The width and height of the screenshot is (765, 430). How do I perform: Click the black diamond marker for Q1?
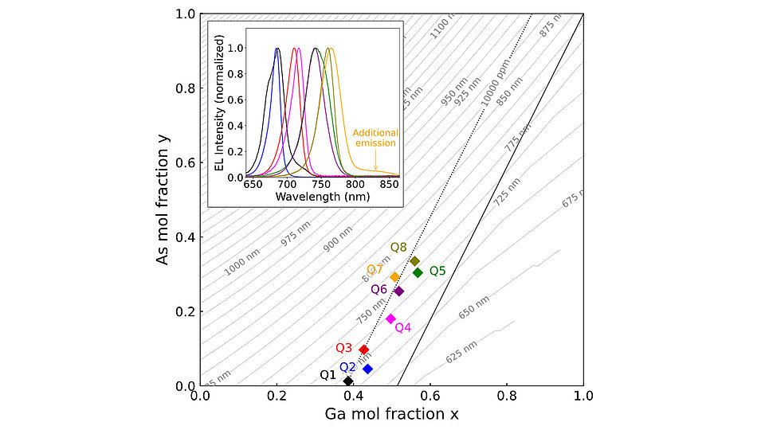pyautogui.click(x=348, y=381)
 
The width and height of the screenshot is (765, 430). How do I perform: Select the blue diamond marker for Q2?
pyautogui.click(x=367, y=369)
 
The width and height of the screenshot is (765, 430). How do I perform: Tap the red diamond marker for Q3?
pyautogui.click(x=364, y=350)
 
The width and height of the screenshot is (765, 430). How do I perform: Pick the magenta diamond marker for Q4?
pyautogui.click(x=390, y=319)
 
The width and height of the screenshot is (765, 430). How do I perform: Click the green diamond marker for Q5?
pyautogui.click(x=418, y=272)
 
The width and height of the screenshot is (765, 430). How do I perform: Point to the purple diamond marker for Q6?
pyautogui.click(x=398, y=291)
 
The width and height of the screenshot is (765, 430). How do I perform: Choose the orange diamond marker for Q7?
pyautogui.click(x=394, y=277)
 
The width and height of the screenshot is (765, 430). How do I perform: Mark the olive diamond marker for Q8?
pyautogui.click(x=414, y=261)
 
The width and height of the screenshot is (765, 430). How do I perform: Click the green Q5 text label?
pyautogui.click(x=437, y=271)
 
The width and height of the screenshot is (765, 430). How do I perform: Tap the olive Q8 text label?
pyautogui.click(x=398, y=248)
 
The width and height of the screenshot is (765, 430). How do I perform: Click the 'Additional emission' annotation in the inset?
pyautogui.click(x=375, y=138)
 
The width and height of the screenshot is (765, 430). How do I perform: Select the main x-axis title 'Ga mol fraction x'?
pyautogui.click(x=391, y=414)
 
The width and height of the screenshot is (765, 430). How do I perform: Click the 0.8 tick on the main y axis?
pyautogui.click(x=186, y=88)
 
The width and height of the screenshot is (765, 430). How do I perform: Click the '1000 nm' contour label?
pyautogui.click(x=241, y=262)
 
